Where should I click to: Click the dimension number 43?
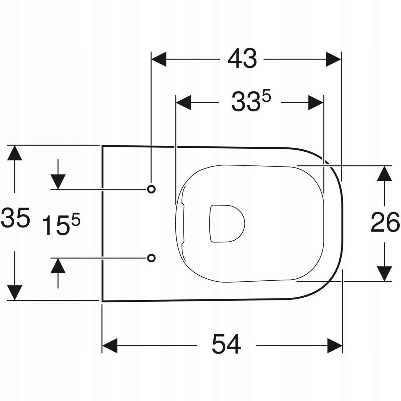[242, 59]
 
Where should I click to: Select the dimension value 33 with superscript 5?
[250, 102]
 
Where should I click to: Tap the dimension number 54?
[226, 345]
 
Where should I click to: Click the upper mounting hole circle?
[151, 189]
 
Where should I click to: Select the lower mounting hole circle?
[151, 258]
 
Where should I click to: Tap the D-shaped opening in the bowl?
[226, 223]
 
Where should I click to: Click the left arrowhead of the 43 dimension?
[159, 59]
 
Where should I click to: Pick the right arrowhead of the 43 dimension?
[333, 59]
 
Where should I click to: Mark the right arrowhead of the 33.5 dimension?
[315, 102]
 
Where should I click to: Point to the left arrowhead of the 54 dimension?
[110, 345]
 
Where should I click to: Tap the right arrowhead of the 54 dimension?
[335, 345]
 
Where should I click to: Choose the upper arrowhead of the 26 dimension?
[385, 173]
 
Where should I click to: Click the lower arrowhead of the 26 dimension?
[385, 273]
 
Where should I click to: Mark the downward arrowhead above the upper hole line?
[58, 181]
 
